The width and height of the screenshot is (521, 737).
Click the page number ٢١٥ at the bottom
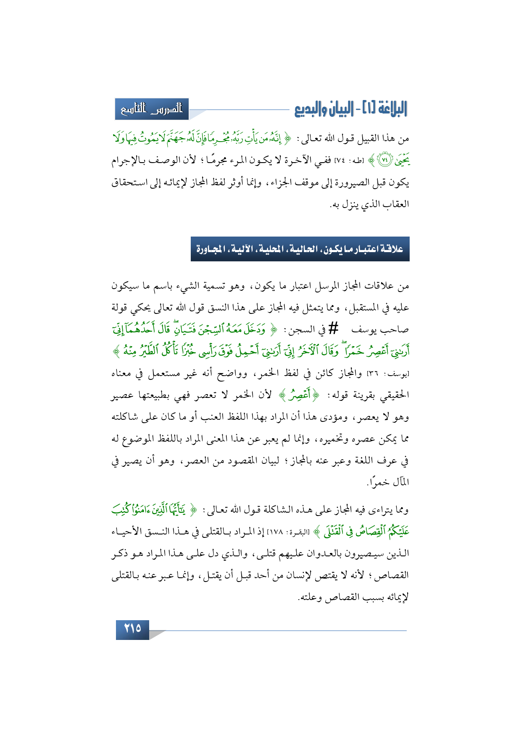(x=132, y=629)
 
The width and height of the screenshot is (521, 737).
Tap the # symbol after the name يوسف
(x=333, y=329)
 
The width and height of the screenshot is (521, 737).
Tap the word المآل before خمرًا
(x=399, y=482)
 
